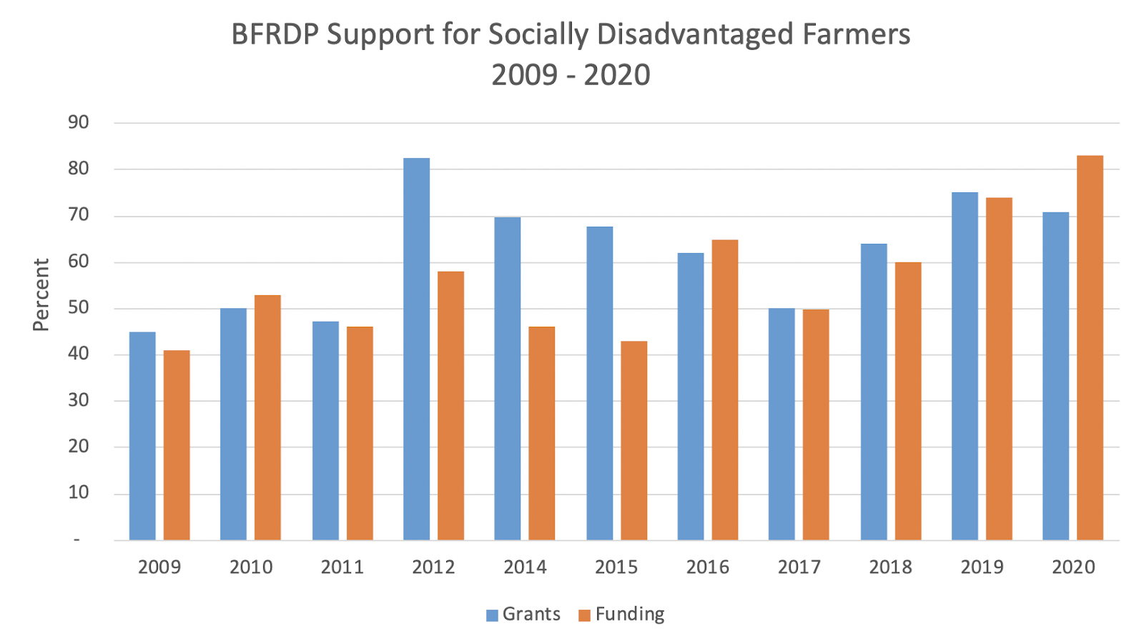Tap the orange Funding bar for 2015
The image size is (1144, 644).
pyautogui.click(x=633, y=440)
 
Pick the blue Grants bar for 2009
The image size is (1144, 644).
pyautogui.click(x=142, y=436)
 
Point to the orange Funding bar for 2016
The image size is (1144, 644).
pyautogui.click(x=725, y=390)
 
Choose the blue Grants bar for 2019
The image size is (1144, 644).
pyautogui.click(x=965, y=366)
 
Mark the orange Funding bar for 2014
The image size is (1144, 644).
pyautogui.click(x=541, y=433)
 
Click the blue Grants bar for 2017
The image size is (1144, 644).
pyautogui.click(x=781, y=424)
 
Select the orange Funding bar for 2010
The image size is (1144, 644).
pyautogui.click(x=267, y=417)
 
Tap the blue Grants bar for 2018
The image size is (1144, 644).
pyautogui.click(x=874, y=392)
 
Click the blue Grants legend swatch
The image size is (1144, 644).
pyautogui.click(x=492, y=615)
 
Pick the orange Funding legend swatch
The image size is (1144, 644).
pyautogui.click(x=584, y=615)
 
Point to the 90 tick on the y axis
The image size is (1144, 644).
pyautogui.click(x=79, y=122)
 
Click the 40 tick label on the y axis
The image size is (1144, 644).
pyautogui.click(x=79, y=354)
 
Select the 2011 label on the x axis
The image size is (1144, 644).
pyautogui.click(x=342, y=568)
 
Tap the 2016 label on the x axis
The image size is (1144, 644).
pyautogui.click(x=708, y=568)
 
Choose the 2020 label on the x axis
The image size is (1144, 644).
pyautogui.click(x=1073, y=568)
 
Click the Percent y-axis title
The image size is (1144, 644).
pyautogui.click(x=41, y=295)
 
